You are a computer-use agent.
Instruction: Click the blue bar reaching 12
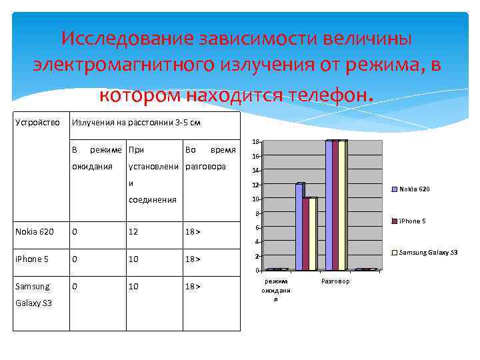(299, 227)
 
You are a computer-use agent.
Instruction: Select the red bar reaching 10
(306, 233)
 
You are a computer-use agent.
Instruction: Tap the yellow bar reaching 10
(312, 233)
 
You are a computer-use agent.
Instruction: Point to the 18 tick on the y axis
(255, 142)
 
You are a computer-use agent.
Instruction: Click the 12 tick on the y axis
(255, 185)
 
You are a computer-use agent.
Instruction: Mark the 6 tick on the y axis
(257, 227)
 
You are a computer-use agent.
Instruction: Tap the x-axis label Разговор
(335, 281)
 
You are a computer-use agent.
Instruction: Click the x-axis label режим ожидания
(275, 290)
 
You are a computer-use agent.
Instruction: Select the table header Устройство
(37, 123)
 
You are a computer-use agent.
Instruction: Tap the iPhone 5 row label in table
(32, 259)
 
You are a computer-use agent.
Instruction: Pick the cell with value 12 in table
(134, 231)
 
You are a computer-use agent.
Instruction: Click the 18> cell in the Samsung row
(193, 286)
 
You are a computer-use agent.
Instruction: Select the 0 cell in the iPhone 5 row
(75, 259)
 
